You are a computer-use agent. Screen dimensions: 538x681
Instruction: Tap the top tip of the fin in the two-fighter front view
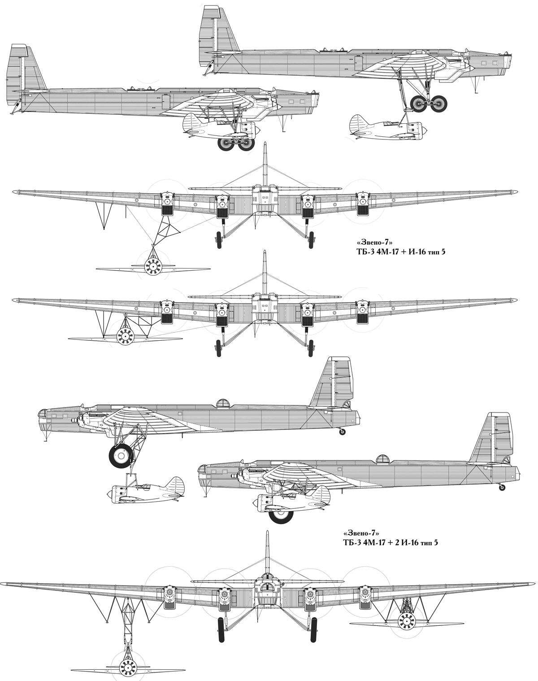tap(267, 531)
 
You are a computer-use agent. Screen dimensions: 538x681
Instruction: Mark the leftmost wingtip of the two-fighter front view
tap(2, 582)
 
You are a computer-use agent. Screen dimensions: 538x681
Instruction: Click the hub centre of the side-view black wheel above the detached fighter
tap(121, 455)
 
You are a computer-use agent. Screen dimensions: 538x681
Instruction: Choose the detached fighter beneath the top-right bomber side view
tap(389, 127)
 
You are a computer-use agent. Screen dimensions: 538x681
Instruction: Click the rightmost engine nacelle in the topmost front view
tap(363, 204)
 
